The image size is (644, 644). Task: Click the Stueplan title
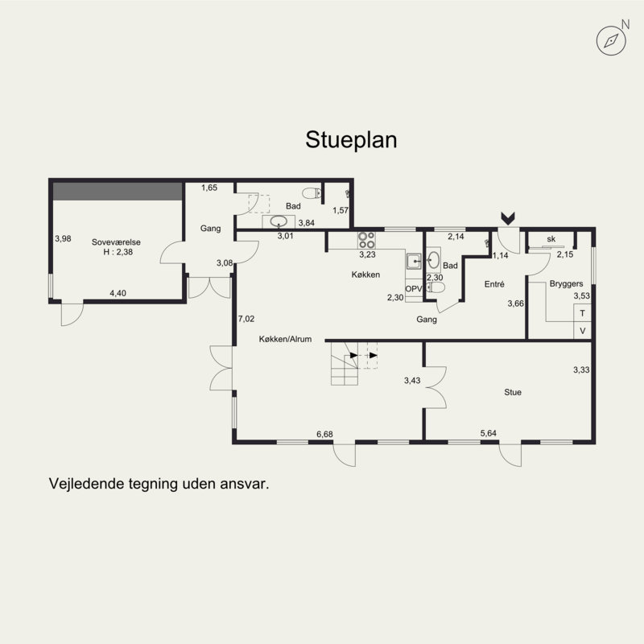(x=351, y=140)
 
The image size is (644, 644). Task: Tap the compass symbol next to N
(x=611, y=41)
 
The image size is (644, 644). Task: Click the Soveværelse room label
(x=116, y=242)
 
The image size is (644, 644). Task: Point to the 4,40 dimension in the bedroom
(x=118, y=293)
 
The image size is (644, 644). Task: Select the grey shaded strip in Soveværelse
(x=118, y=192)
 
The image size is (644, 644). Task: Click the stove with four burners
(x=366, y=240)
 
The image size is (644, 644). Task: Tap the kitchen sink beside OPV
(x=414, y=261)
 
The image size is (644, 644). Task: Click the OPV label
(x=414, y=289)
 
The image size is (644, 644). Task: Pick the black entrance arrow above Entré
(x=508, y=218)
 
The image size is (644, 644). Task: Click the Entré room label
(x=494, y=284)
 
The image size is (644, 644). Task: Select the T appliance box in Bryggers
(x=582, y=313)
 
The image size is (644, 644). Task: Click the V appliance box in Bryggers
(x=582, y=331)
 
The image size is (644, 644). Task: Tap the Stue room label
(x=513, y=392)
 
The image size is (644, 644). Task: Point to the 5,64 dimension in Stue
(x=489, y=433)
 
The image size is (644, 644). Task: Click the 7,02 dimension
(x=246, y=319)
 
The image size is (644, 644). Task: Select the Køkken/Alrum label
(x=285, y=339)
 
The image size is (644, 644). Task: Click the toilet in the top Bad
(x=312, y=192)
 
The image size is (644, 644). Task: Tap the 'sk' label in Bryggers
(x=551, y=239)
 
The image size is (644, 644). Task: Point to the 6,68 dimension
(x=324, y=434)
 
